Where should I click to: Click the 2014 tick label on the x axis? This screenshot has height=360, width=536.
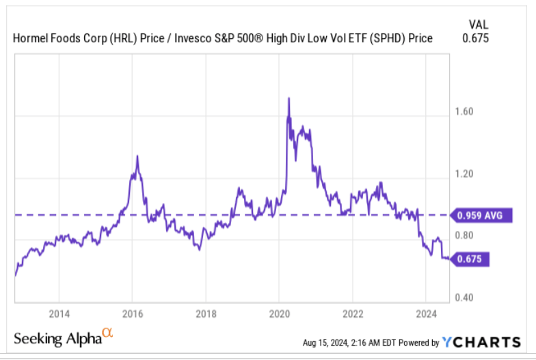59,314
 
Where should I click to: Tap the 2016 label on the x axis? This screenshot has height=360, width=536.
133,314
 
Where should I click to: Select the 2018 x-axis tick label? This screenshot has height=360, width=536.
206,314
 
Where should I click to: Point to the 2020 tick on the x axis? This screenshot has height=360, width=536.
279,314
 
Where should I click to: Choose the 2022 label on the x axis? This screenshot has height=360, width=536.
352,314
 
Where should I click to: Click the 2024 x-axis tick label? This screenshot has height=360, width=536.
425,314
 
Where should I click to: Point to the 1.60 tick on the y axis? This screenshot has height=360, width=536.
465,112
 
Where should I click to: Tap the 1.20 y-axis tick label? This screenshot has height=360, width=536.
465,174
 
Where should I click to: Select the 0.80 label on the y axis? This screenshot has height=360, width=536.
465,236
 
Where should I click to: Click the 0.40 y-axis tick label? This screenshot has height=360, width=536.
465,298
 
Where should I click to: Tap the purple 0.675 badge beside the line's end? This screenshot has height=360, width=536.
472,259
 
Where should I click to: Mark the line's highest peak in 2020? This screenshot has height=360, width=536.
289,98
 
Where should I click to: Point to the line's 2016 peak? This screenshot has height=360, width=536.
137,156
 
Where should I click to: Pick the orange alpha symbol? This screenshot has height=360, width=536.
107,333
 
